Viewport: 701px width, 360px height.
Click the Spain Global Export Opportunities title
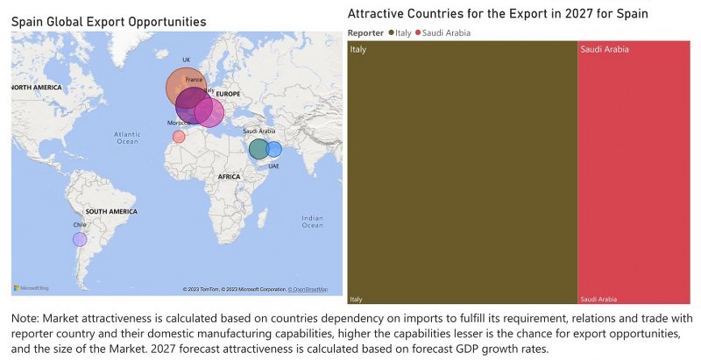click(x=109, y=20)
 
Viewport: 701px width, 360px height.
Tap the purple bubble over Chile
click(x=80, y=239)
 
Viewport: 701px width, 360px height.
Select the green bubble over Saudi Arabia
click(x=258, y=149)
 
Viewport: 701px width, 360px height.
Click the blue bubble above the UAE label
click(x=274, y=149)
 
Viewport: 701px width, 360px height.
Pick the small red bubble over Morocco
click(x=179, y=137)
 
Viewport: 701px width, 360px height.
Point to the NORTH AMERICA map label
click(x=36, y=88)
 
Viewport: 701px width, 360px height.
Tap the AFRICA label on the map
click(x=230, y=177)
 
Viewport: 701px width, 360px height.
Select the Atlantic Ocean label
click(x=127, y=138)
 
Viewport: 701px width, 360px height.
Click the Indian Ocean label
click(x=311, y=222)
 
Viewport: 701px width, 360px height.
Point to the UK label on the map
click(x=186, y=60)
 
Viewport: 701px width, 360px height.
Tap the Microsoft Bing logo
click(x=32, y=288)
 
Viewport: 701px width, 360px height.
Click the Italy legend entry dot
click(x=391, y=32)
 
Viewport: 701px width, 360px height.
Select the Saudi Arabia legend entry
click(x=446, y=32)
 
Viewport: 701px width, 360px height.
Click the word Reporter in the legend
click(x=365, y=32)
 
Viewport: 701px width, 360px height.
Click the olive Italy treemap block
click(x=462, y=172)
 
